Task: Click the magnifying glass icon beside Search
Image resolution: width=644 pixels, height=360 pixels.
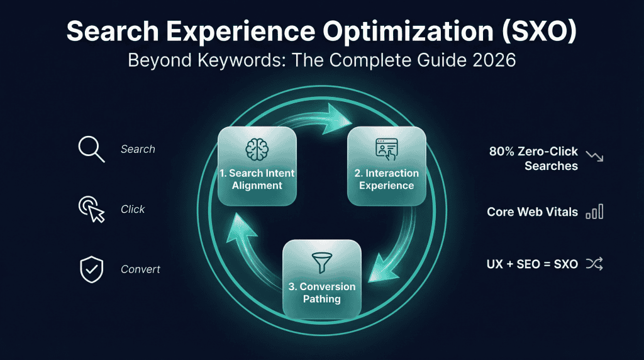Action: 91,150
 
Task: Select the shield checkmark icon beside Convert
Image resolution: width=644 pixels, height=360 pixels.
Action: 91,269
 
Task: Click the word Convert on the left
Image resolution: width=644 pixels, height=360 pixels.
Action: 140,269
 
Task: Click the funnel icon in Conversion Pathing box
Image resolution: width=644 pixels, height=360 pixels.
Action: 321,262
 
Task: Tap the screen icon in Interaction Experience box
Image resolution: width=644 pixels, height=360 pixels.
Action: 386,149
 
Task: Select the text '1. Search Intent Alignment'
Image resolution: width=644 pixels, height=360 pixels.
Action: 257,179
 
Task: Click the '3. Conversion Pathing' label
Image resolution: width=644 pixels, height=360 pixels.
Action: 321,293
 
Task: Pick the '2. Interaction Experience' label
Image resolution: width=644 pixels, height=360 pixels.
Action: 386,179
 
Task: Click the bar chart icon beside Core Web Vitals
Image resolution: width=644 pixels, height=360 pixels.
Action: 594,211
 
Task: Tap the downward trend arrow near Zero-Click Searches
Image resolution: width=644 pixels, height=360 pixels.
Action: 594,155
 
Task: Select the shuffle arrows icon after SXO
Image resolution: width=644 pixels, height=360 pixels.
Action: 594,264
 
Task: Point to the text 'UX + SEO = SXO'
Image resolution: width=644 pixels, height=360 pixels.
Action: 532,264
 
